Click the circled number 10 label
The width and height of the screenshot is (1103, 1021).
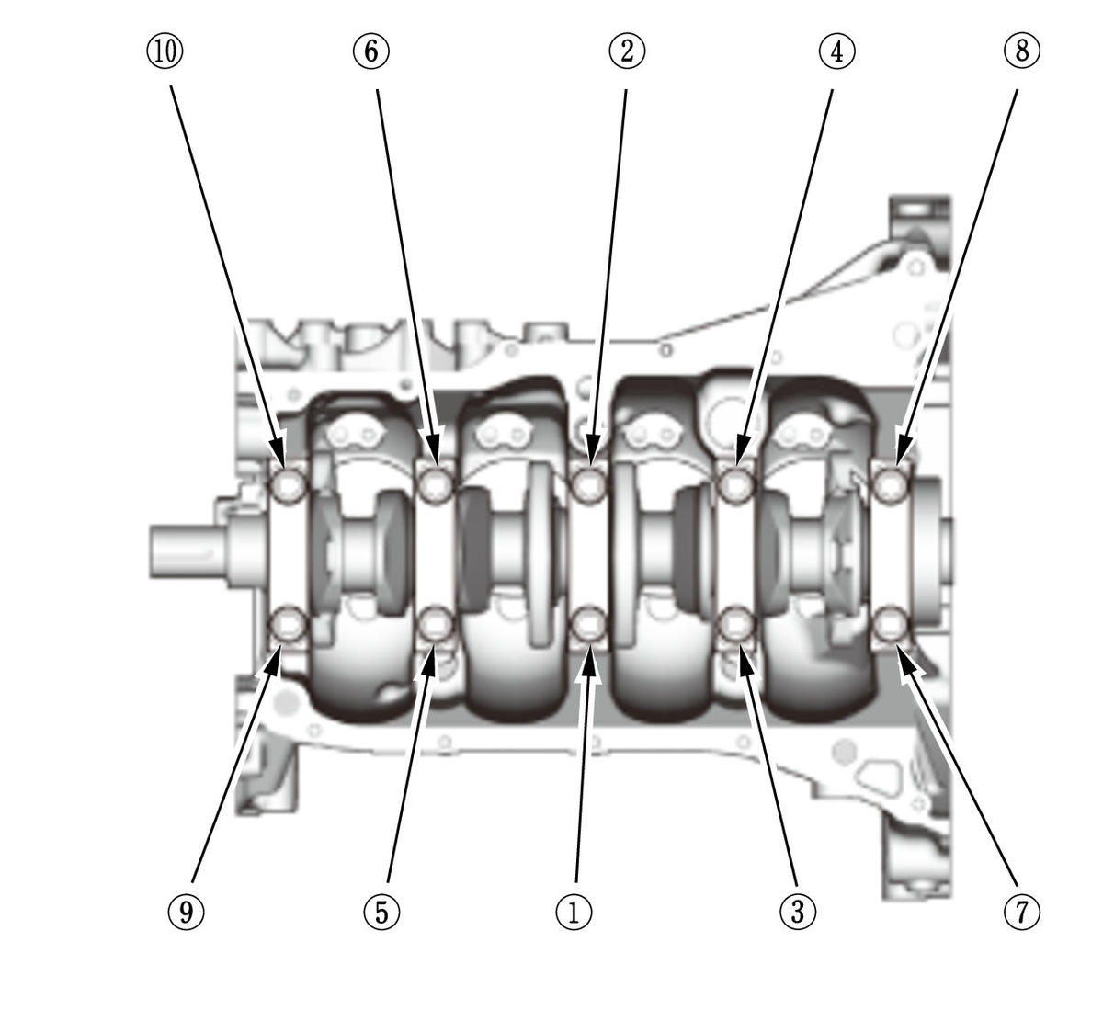click(165, 51)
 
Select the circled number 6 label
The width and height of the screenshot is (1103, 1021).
click(371, 51)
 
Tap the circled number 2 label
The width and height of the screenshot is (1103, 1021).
click(627, 51)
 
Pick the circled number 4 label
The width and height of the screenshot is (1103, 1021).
click(836, 51)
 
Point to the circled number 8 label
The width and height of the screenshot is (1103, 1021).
click(1021, 51)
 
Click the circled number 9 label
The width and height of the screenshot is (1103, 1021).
click(186, 912)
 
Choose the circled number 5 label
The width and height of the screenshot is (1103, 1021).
click(381, 912)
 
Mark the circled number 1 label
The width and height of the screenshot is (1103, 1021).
click(574, 912)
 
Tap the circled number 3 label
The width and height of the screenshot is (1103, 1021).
click(797, 912)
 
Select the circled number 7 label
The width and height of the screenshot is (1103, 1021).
click(1021, 912)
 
